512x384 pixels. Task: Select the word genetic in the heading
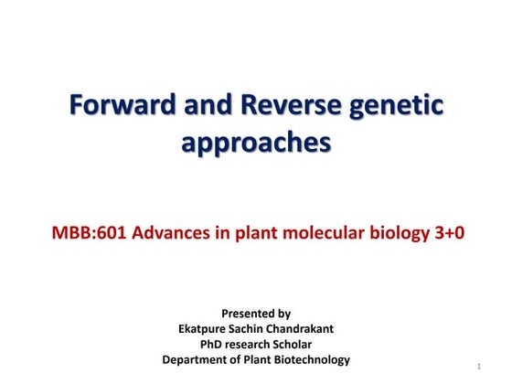[x=399, y=107]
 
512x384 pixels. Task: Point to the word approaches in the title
[x=256, y=144]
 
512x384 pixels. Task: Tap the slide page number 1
[x=479, y=367]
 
